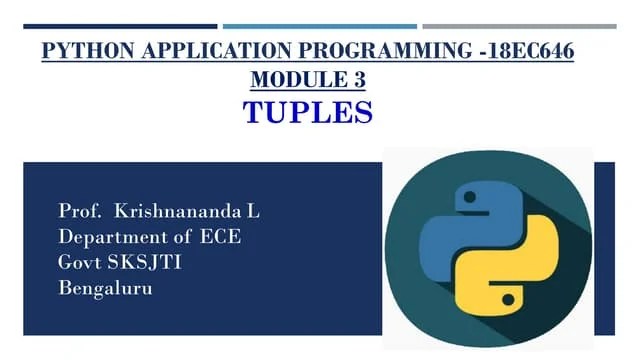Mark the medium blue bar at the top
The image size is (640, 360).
point(319,26)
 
